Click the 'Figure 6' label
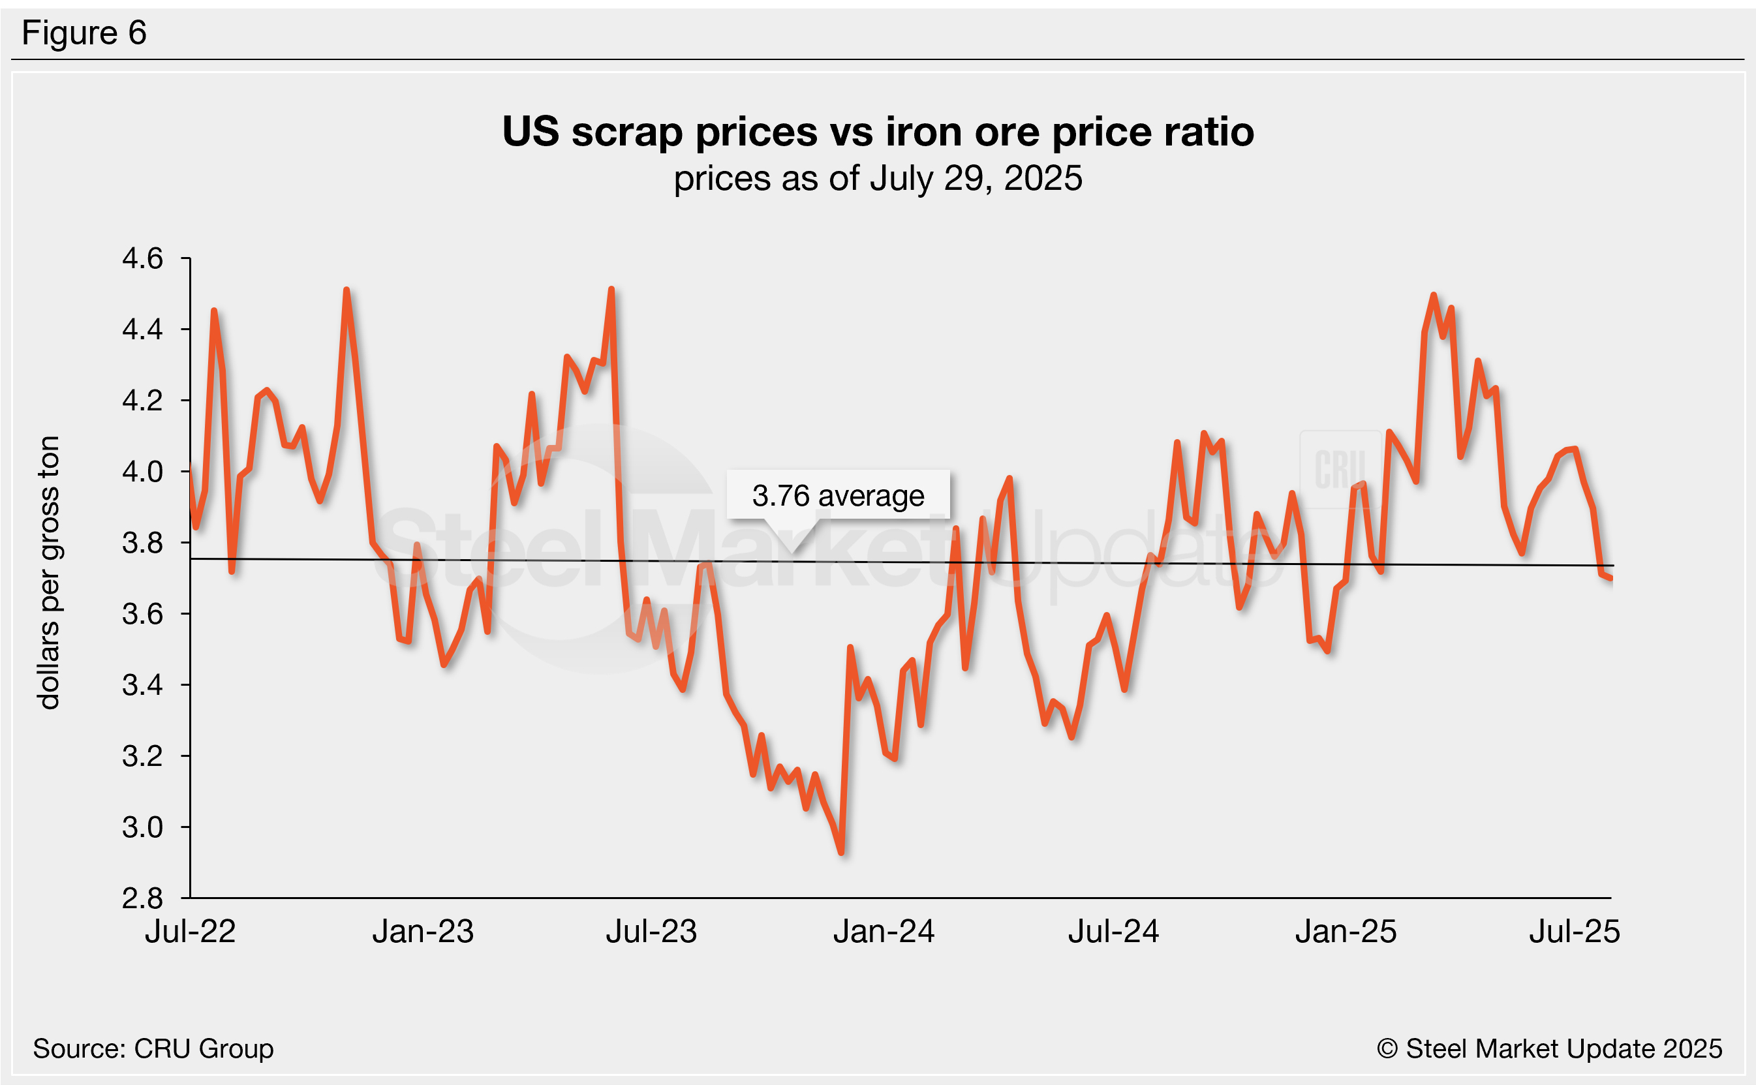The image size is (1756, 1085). pos(84,33)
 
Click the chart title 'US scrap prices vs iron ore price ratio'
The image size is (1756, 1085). pos(878,132)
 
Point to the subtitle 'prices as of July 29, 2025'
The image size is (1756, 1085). pos(878,178)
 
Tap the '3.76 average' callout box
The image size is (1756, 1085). pos(837,495)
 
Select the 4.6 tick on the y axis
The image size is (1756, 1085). pos(143,258)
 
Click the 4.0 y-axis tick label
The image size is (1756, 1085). pos(143,472)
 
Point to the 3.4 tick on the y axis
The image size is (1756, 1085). pos(143,685)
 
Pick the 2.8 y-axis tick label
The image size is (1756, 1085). pos(143,898)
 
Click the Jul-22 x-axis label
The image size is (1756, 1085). pos(190,932)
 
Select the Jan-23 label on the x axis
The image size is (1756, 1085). pos(423,932)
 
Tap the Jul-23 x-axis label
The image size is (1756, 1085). pos(651,932)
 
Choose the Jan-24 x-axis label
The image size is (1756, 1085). pos(884,932)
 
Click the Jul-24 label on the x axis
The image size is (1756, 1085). pos(1113,932)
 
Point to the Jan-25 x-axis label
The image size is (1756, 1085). pos(1346,932)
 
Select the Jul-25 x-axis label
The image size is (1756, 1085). pos(1575,932)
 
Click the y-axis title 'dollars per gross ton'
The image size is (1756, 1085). pos(49,573)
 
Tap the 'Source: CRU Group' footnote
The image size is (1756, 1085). pos(153,1048)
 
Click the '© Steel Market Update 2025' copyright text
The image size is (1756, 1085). pos(1548,1048)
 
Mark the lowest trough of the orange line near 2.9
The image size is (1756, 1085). pos(841,853)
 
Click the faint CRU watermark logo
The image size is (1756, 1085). pos(1340,469)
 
